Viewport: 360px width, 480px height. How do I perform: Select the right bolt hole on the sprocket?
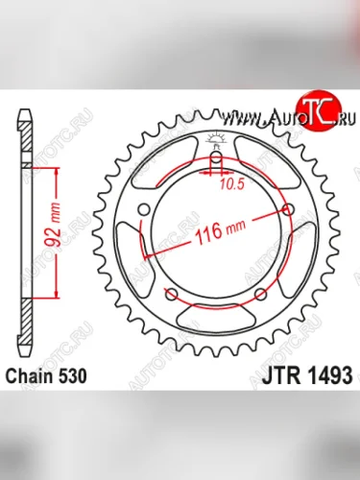click(290, 208)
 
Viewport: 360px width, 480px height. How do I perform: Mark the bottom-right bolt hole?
click(261, 294)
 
